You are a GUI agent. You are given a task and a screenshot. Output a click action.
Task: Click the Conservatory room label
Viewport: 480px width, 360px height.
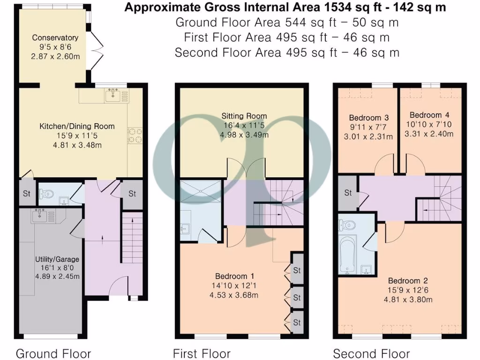pyautogui.click(x=55, y=38)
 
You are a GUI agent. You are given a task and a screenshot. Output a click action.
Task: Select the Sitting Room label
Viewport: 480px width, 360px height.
pyautogui.click(x=245, y=116)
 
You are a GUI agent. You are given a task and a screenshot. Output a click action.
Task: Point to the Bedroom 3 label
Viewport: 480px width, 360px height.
pyautogui.click(x=366, y=117)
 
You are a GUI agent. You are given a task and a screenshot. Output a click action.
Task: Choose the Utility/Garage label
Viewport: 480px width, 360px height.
pyautogui.click(x=57, y=259)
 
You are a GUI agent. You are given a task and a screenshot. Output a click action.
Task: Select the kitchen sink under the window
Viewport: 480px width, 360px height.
pyautogui.click(x=112, y=96)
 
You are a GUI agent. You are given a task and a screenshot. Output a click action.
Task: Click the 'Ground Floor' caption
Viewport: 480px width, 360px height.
pyautogui.click(x=53, y=353)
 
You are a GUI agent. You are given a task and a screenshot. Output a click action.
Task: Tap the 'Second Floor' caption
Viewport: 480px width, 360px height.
pyautogui.click(x=371, y=353)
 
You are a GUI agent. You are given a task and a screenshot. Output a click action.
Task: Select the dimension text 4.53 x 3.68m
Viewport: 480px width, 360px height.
pyautogui.click(x=233, y=295)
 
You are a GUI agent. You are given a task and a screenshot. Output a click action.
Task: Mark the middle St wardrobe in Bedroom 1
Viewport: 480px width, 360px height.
pyautogui.click(x=297, y=297)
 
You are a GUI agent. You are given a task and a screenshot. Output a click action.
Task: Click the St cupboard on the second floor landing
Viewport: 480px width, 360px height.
pyautogui.click(x=348, y=193)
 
